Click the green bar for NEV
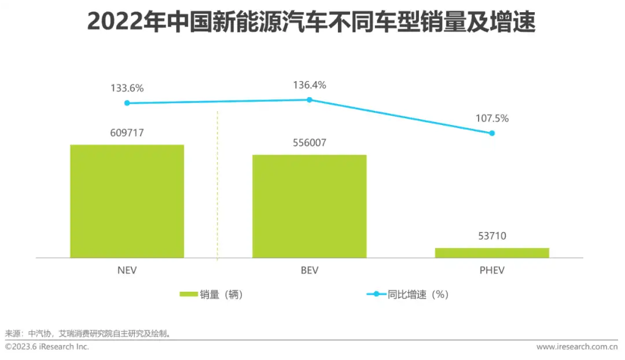click(127, 201)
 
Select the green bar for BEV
click(309, 206)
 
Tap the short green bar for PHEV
click(492, 252)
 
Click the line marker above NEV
click(127, 103)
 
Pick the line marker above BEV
click(309, 100)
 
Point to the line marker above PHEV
click(492, 133)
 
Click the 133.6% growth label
click(127, 89)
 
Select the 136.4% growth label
click(309, 85)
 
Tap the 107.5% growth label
click(492, 119)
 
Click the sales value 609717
click(127, 133)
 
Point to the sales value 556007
click(309, 143)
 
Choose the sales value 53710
click(492, 236)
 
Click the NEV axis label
click(127, 270)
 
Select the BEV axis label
click(309, 270)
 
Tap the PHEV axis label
click(492, 270)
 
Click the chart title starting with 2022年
click(311, 23)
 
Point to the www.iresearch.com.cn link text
click(577, 347)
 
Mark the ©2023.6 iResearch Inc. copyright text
click(47, 347)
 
